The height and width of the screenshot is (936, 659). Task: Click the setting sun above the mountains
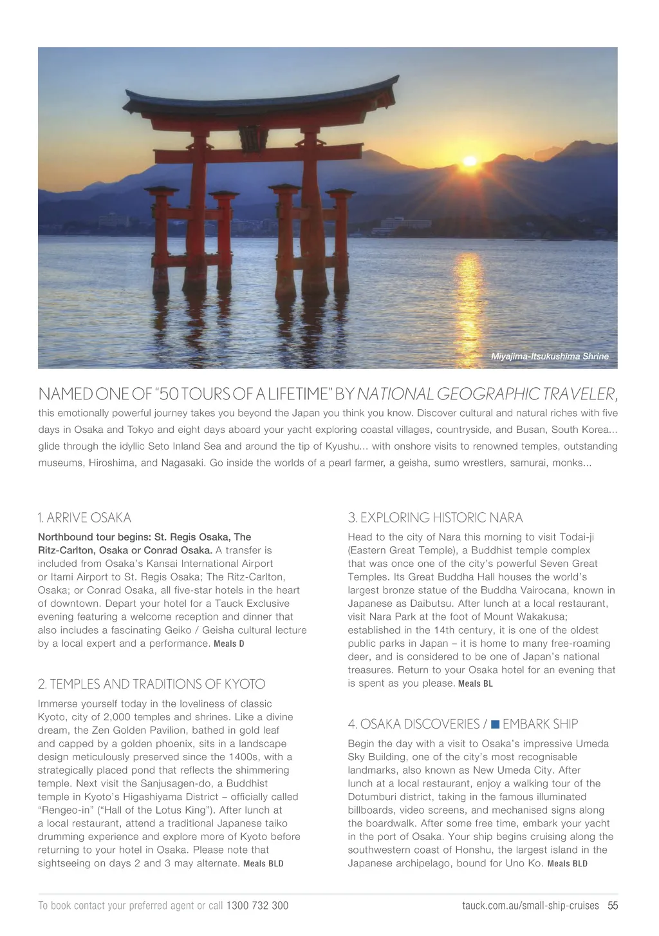tap(470, 161)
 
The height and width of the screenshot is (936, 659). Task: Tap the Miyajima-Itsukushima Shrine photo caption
tap(549, 356)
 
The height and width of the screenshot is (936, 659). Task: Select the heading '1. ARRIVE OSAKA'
tap(84, 518)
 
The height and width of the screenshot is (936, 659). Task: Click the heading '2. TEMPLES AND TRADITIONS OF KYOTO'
tap(151, 684)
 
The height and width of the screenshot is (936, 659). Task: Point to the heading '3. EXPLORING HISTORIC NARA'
tap(435, 518)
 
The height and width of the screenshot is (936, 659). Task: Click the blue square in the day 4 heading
tap(495, 724)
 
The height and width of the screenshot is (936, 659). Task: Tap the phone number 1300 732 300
tap(257, 906)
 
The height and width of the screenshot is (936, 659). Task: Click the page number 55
tap(613, 906)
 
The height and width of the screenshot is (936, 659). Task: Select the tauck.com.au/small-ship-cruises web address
tap(530, 906)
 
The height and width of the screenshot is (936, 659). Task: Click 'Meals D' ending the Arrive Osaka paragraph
tap(229, 644)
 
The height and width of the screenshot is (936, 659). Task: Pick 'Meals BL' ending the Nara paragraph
tap(475, 684)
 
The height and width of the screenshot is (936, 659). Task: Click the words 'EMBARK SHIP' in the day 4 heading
tap(540, 724)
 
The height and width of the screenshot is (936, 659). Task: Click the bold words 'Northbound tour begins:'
tap(94, 537)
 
